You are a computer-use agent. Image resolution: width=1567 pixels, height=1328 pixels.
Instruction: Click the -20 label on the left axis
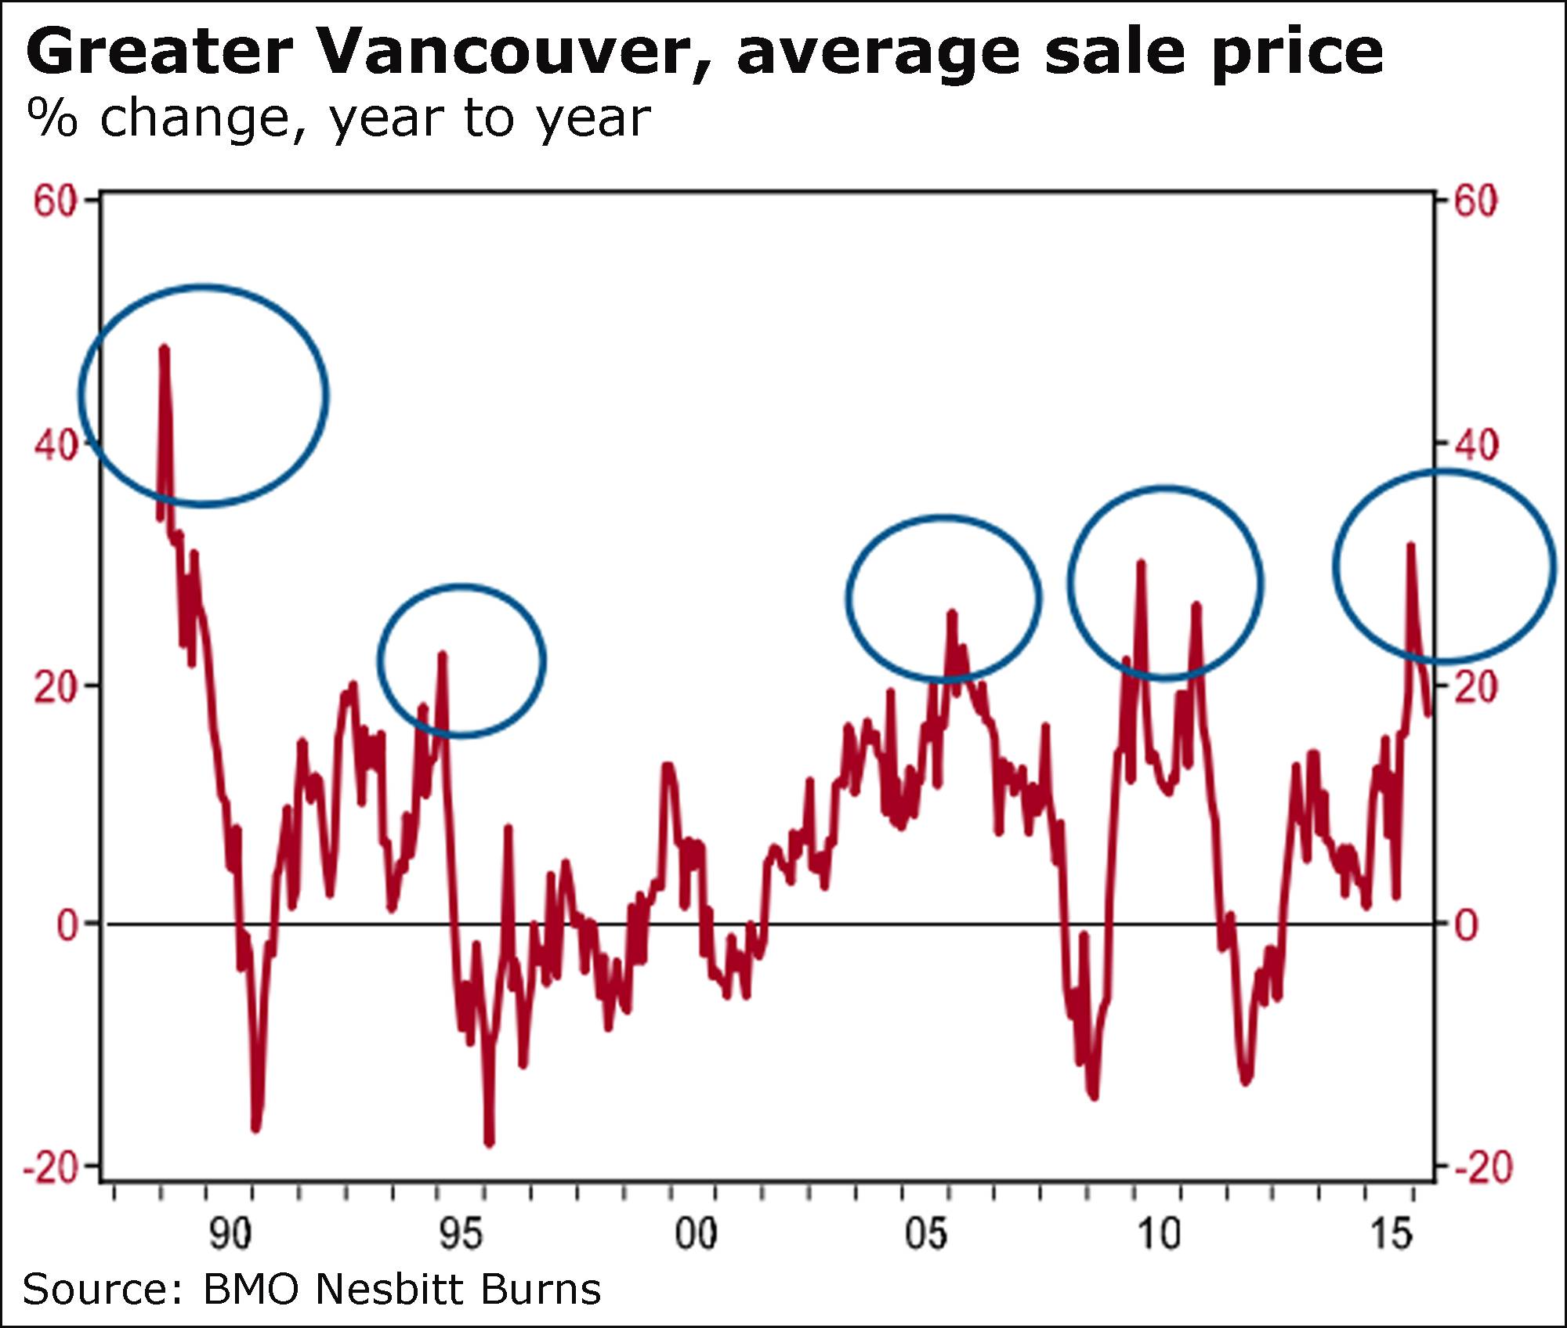[51, 1168]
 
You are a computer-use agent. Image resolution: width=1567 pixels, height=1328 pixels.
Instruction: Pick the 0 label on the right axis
[1467, 925]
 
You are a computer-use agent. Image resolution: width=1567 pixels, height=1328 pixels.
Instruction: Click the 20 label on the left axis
[56, 688]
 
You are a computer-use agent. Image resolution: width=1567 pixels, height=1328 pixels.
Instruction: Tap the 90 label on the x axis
[230, 1234]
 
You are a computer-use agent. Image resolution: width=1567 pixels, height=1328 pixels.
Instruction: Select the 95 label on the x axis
[461, 1234]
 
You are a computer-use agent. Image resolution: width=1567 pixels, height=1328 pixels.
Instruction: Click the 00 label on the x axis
[696, 1234]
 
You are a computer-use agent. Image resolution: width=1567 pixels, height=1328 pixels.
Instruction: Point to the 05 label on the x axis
[926, 1234]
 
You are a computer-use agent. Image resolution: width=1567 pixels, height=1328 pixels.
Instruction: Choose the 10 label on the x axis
[1158, 1234]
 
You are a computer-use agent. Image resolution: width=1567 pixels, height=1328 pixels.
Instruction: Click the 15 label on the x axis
[1391, 1234]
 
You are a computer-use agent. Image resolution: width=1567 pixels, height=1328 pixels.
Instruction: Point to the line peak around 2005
[952, 613]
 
